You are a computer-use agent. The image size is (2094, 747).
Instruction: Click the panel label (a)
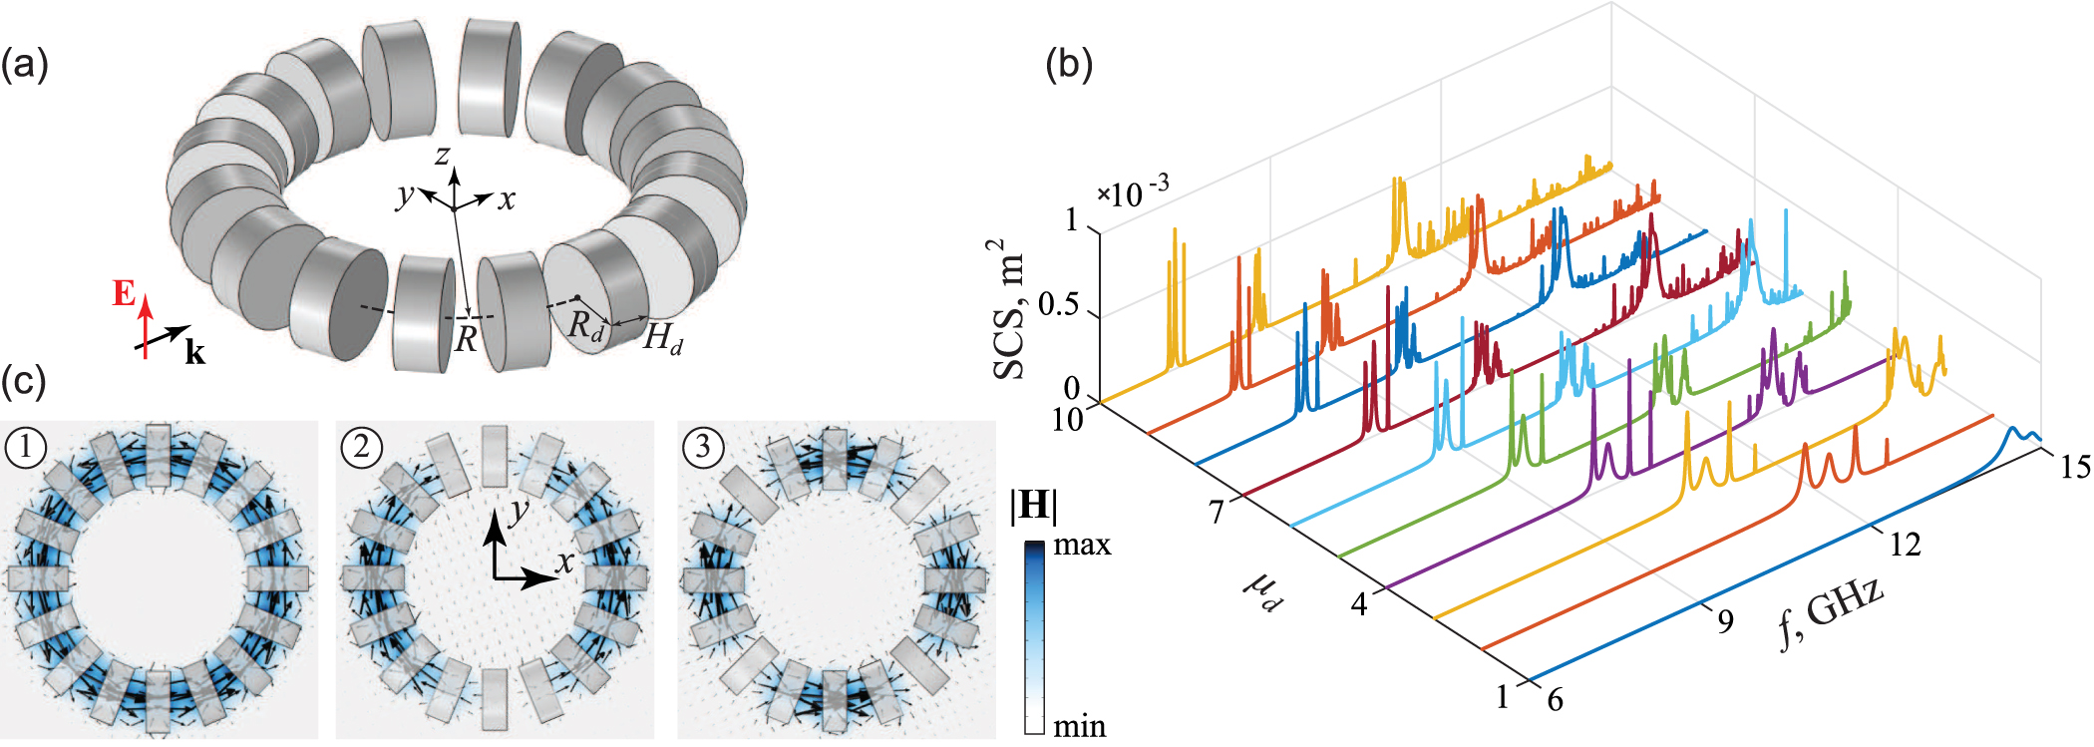[x=24, y=66]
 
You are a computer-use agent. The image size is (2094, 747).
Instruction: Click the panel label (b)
[x=1069, y=66]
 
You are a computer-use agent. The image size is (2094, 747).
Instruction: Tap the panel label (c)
[x=24, y=382]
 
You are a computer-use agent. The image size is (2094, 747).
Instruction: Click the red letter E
[x=124, y=293]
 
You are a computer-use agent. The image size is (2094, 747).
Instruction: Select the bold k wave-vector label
[x=195, y=353]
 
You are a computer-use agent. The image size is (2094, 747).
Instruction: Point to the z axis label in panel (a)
[x=442, y=155]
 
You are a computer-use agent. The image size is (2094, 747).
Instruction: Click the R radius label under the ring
[x=466, y=340]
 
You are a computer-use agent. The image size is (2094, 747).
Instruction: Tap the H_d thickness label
[x=663, y=339]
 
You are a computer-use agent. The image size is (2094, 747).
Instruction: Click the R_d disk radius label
[x=586, y=325]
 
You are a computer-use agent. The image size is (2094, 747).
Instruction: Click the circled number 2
[x=361, y=447]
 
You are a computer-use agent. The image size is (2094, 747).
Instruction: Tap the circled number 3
[x=703, y=447]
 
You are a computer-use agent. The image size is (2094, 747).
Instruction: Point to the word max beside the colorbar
[x=1082, y=545]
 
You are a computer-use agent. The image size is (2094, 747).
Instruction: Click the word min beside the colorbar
[x=1080, y=726]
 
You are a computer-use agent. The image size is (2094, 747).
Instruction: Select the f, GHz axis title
[x=1831, y=611]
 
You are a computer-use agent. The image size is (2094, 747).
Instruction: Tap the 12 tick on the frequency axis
[x=1905, y=545]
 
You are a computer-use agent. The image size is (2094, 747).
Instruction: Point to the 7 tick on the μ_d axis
[x=1216, y=512]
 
